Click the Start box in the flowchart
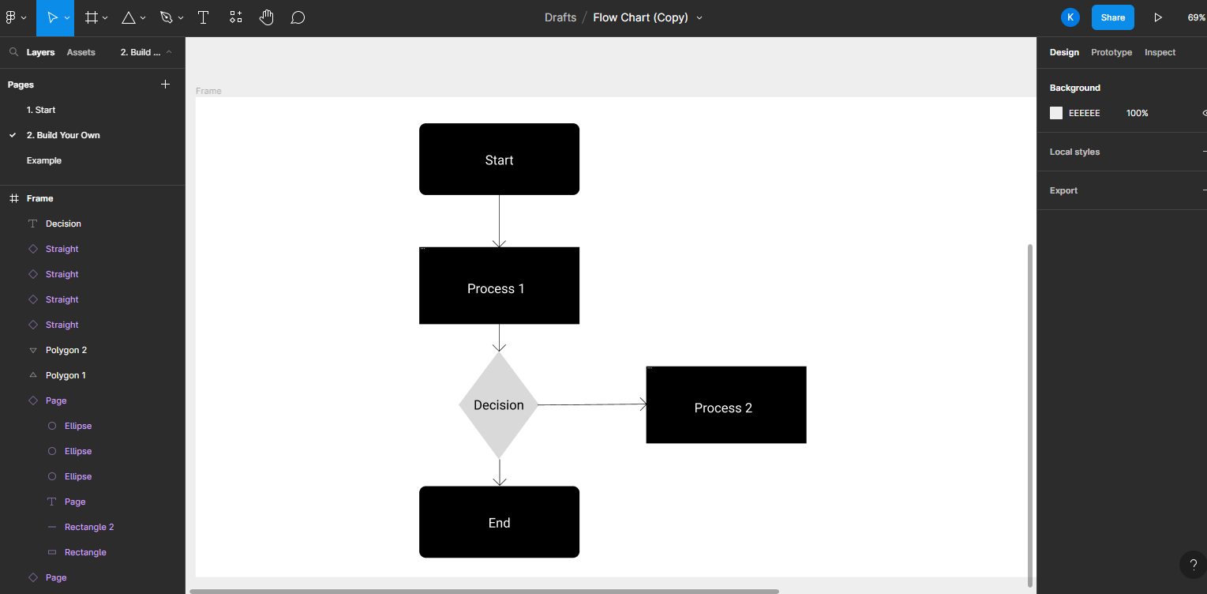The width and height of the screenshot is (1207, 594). pos(499,159)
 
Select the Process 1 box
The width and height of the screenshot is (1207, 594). pos(499,286)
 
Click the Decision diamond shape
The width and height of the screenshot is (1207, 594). pos(498,404)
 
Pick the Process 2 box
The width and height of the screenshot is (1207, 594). pos(725,404)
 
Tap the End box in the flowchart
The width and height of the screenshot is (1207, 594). pos(499,522)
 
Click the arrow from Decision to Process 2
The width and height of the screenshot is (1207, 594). pos(592,404)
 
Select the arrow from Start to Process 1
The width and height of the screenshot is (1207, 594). pos(499,221)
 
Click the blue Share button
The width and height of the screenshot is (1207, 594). pos(1113,18)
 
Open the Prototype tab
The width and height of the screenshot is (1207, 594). pos(1111,52)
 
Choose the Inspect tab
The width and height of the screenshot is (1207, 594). pos(1160,52)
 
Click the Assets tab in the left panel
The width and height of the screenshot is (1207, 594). pos(81,52)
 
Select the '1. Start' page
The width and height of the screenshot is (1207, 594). pos(41,110)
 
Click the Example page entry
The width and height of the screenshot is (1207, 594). pos(43,160)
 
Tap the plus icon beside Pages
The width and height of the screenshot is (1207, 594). pos(166,84)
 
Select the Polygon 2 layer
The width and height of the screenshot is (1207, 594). pos(66,351)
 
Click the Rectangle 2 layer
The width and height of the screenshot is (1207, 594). pos(89,527)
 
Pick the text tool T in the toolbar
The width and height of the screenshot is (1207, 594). pos(203,18)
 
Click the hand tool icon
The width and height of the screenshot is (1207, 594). pos(266,18)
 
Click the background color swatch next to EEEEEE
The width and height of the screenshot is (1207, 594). pos(1056,113)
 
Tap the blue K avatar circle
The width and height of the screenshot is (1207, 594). pos(1070,18)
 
